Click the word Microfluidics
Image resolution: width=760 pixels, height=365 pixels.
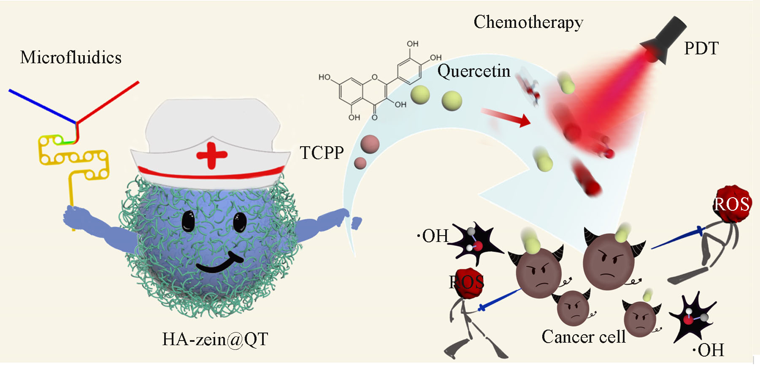70,57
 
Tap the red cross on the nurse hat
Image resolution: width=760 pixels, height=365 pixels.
211,155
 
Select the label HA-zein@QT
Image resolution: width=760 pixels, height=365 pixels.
215,339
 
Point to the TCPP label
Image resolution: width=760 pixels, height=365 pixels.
322,153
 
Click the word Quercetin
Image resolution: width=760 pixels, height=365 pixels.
473,71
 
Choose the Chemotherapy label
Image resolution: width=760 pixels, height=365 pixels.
528,22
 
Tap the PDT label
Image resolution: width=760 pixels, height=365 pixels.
701,48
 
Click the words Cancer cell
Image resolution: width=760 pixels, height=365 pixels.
583,337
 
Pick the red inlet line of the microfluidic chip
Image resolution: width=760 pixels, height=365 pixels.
108,102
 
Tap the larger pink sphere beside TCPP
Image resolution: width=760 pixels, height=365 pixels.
370,144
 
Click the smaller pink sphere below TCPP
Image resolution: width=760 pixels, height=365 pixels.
360,163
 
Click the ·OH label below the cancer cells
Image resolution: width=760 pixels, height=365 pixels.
708,350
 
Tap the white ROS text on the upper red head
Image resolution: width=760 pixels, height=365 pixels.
731,204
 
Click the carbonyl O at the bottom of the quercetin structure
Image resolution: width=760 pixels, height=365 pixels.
374,118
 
